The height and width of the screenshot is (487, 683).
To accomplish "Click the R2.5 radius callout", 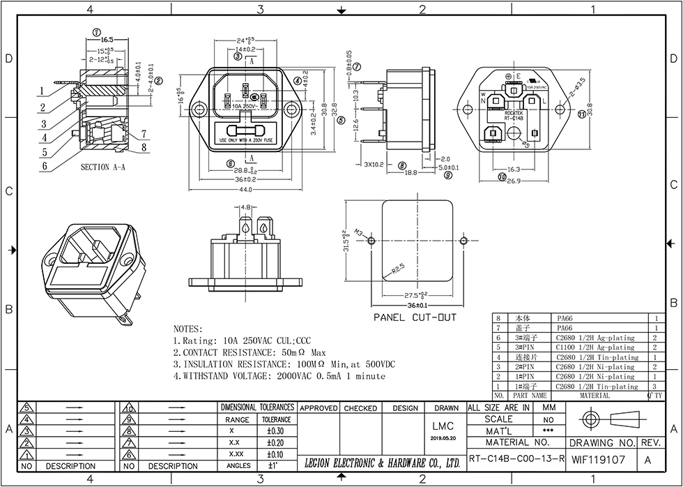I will point(398,267).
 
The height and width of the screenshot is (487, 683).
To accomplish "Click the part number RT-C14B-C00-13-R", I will point(514,460).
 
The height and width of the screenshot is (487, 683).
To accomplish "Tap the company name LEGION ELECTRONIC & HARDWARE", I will point(382,462).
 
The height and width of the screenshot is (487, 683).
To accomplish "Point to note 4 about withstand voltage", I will point(279,376).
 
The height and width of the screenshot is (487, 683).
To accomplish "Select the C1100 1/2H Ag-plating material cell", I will point(594,347).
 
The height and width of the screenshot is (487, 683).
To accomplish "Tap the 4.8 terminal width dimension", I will point(246,207).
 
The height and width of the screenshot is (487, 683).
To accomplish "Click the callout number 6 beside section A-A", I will point(44,166).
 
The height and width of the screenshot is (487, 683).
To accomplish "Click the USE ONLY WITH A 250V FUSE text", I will point(245,140).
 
